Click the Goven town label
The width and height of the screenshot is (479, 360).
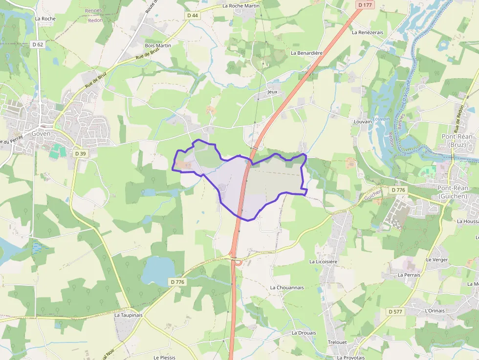(x=41, y=133)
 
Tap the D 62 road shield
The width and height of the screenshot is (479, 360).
(x=38, y=44)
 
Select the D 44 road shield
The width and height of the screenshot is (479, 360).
(x=193, y=16)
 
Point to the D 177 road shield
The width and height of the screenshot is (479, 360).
(x=365, y=5)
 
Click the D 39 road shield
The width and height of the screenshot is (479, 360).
(x=80, y=153)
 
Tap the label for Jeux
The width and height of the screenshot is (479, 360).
(x=272, y=92)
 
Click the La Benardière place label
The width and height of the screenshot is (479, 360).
(x=307, y=53)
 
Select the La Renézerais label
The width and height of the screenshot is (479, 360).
(x=368, y=32)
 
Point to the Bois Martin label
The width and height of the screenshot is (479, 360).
(x=158, y=45)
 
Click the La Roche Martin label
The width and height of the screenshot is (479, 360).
(x=240, y=6)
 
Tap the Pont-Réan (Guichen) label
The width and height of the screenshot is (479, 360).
(x=453, y=192)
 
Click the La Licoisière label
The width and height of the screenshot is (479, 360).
(x=323, y=262)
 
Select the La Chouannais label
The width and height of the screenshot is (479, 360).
(x=287, y=288)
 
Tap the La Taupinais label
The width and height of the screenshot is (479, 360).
(x=129, y=315)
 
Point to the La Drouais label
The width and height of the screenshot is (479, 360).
(x=304, y=333)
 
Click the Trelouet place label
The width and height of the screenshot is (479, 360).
(x=337, y=342)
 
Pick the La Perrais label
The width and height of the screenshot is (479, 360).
(x=409, y=275)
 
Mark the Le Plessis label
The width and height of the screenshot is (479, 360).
(x=164, y=358)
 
